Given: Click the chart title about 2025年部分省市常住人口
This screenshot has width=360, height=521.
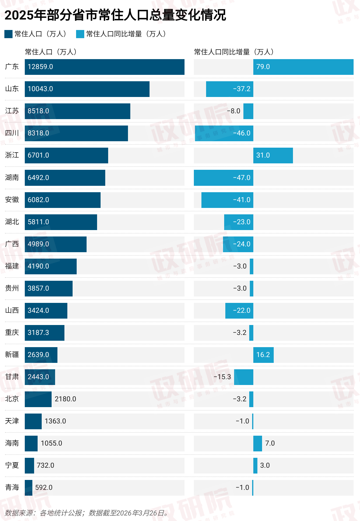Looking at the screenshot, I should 115,15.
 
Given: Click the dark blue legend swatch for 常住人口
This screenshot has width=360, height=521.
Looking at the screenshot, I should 8,34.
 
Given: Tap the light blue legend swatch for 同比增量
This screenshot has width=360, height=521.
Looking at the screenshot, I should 80,34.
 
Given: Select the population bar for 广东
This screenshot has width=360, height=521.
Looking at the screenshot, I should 104,67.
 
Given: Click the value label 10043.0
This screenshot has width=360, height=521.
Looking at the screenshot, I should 40,89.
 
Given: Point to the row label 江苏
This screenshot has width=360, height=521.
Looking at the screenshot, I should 12,111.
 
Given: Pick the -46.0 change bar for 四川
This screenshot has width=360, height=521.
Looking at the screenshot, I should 224,133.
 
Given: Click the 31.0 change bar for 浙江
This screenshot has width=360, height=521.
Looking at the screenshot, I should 273,156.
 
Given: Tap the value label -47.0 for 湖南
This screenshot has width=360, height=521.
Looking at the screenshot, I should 242,178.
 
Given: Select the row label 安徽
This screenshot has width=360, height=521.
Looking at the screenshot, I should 12,200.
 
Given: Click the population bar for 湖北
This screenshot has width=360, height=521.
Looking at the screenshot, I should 61,222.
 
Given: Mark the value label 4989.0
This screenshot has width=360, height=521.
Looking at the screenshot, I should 38,244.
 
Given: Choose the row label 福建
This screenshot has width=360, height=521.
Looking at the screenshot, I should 12,266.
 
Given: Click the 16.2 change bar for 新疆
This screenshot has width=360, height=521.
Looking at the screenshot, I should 263,355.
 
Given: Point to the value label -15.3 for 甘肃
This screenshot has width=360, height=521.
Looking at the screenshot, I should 222,377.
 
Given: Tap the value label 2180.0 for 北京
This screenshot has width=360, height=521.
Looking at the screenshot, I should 65,399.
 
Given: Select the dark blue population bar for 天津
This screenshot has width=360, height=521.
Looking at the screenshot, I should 33,421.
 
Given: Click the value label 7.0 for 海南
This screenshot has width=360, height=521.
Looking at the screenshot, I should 270,443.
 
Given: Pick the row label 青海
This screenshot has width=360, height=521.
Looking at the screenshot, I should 12,488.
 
